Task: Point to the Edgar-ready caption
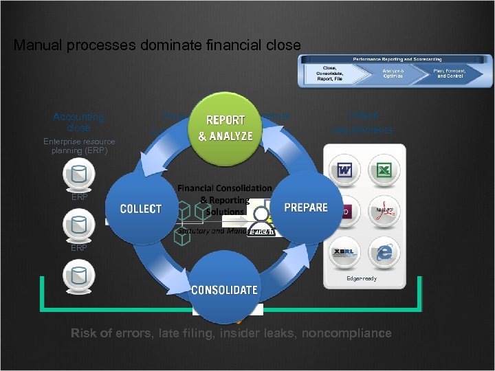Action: pyautogui.click(x=362, y=278)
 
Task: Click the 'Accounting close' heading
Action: pyautogui.click(x=78, y=122)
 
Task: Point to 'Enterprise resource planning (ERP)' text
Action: pyautogui.click(x=79, y=146)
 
